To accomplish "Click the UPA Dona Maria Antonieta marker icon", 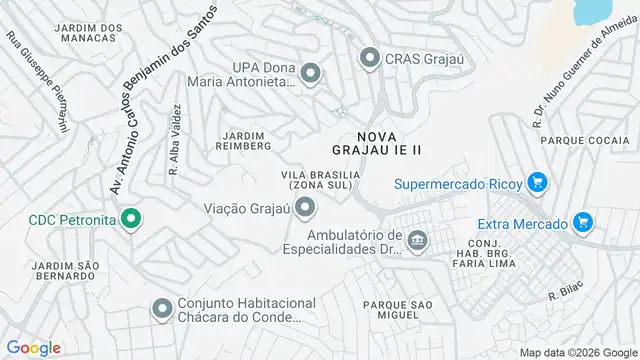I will (x=310, y=72).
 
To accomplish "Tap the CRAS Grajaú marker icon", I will (x=371, y=58).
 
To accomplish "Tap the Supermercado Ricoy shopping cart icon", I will (x=538, y=183).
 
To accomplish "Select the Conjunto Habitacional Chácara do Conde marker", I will (x=162, y=310).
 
